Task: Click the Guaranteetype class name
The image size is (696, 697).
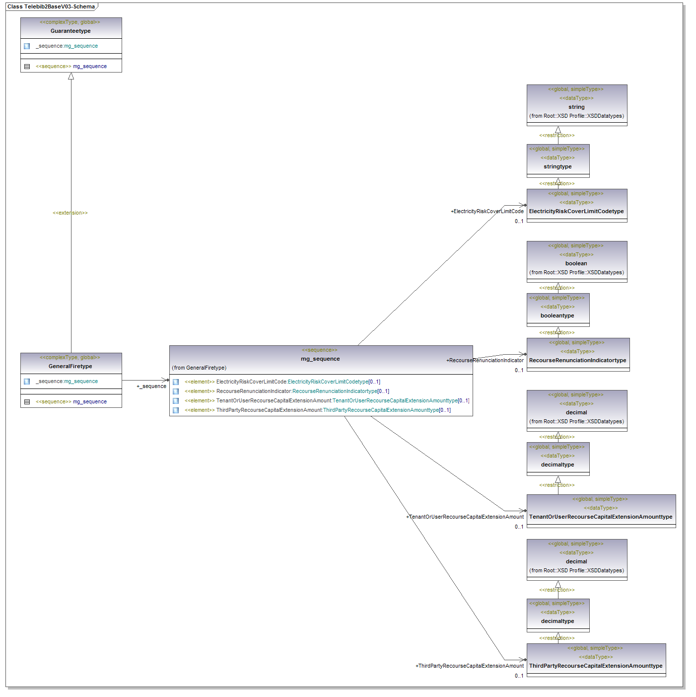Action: tap(70, 31)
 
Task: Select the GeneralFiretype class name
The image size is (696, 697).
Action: tap(70, 366)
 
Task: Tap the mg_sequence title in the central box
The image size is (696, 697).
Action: tap(320, 359)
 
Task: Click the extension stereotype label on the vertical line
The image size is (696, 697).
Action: tap(70, 213)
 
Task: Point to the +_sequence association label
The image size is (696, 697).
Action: tap(151, 386)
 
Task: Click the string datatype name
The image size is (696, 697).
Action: tap(576, 107)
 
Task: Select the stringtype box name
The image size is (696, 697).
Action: tap(557, 166)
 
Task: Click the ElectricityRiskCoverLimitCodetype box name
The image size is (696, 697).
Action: tap(576, 211)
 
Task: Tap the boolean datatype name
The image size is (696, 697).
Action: tap(576, 263)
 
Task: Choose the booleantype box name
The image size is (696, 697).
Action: tap(557, 315)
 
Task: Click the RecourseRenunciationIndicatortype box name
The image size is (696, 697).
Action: tap(577, 360)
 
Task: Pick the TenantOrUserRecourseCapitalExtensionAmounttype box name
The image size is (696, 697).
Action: tap(601, 517)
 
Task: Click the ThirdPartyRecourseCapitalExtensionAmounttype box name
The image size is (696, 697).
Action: tap(596, 666)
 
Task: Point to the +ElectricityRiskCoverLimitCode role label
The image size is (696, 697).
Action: tap(487, 211)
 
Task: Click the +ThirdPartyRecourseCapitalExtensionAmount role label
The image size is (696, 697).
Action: tap(469, 666)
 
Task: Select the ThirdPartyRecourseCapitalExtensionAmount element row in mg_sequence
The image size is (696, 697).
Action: tap(318, 410)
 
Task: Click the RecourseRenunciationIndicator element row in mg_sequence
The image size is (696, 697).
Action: tap(287, 391)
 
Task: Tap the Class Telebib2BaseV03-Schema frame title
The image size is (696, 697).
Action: tap(51, 6)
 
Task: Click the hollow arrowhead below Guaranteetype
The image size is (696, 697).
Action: tap(71, 76)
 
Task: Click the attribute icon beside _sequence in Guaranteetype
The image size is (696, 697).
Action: tap(27, 46)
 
